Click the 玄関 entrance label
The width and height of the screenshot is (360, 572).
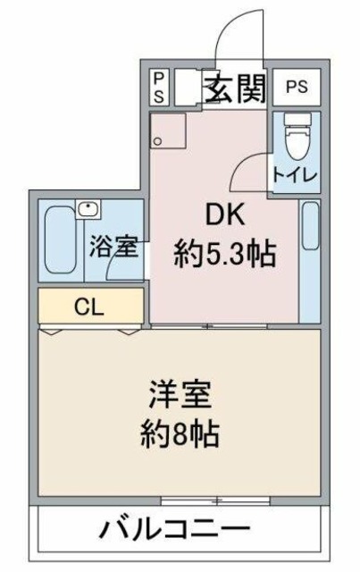235,88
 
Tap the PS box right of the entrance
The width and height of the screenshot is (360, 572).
295,88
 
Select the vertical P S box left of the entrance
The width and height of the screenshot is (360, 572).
158,88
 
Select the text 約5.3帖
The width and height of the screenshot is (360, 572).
223,256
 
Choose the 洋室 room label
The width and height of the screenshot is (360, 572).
180,395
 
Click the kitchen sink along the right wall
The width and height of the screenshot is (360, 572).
309,225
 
